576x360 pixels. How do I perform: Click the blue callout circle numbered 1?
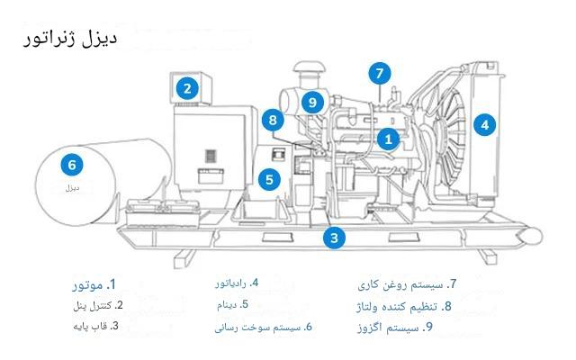[388, 139]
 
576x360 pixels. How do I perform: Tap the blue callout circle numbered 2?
[187, 88]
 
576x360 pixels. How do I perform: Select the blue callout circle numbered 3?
[334, 238]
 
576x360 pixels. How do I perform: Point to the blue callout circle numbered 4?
[485, 125]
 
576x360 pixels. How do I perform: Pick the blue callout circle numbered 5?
[269, 180]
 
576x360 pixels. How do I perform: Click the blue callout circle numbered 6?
[72, 165]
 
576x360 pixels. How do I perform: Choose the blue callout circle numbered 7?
[380, 74]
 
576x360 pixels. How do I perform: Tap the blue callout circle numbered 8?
[273, 120]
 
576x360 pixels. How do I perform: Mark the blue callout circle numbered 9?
[312, 102]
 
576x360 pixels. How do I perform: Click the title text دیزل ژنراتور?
[70, 39]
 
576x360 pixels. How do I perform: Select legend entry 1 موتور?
[94, 284]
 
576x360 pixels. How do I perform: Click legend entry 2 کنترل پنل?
[98, 306]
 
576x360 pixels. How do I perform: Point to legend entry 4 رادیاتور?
[237, 283]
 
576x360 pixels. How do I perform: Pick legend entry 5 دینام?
[232, 304]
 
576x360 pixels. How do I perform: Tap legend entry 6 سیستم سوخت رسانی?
[264, 327]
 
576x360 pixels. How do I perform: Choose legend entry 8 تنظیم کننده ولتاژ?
[404, 306]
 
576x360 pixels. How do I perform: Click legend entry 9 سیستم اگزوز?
[395, 327]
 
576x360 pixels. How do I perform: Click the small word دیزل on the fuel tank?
[72, 188]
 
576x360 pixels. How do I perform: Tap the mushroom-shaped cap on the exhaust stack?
[310, 68]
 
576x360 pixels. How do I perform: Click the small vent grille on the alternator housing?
[210, 156]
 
